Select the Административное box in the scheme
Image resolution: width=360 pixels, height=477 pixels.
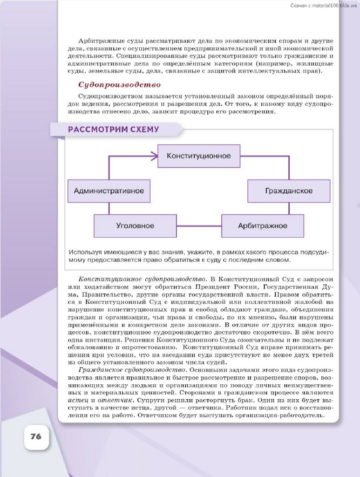pyautogui.click(x=109, y=191)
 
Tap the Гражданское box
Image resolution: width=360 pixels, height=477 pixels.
pyautogui.click(x=289, y=191)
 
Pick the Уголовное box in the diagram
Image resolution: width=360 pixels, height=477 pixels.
pyautogui.click(x=135, y=226)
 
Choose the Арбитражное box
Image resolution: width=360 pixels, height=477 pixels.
pyautogui.click(x=263, y=226)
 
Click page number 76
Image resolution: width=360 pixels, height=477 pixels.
pyautogui.click(x=36, y=436)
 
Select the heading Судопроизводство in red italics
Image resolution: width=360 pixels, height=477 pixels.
pyautogui.click(x=119, y=85)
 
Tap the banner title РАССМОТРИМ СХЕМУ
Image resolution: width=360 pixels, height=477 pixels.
pyautogui.click(x=114, y=129)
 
